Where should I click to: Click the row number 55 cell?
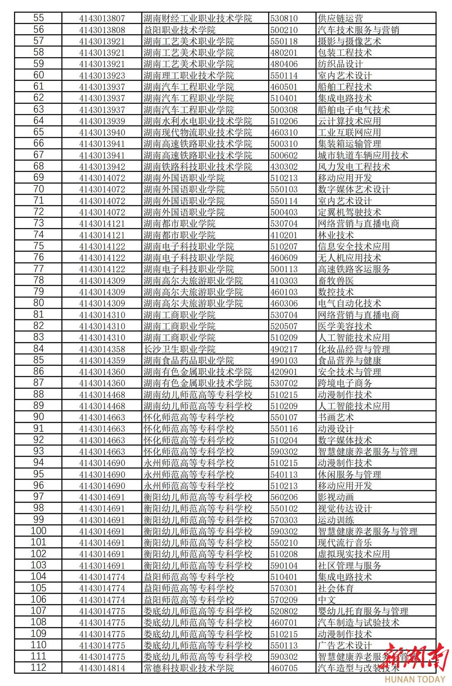click(x=39, y=18)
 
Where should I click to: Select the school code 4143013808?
click(x=102, y=30)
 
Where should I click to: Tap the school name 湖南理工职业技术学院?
click(x=188, y=75)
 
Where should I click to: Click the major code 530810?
click(x=284, y=18)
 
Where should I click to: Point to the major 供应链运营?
click(x=340, y=18)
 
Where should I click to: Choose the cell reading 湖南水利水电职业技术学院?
click(x=198, y=121)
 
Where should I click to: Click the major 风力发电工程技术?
click(x=354, y=166)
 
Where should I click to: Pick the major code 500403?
click(x=284, y=212)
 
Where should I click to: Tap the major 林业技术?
click(x=336, y=235)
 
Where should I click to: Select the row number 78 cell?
click(x=39, y=280)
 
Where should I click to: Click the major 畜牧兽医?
click(x=336, y=281)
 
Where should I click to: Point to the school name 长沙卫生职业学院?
click(x=179, y=349)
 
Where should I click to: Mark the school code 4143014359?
click(x=102, y=360)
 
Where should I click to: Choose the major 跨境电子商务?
click(x=345, y=383)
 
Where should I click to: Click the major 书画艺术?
click(x=336, y=417)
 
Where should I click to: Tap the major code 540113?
click(x=284, y=474)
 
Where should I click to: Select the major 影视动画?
click(x=336, y=497)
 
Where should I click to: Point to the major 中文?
click(x=327, y=599)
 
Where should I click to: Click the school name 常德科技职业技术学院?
click(x=188, y=668)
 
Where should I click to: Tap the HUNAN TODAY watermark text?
click(x=414, y=679)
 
